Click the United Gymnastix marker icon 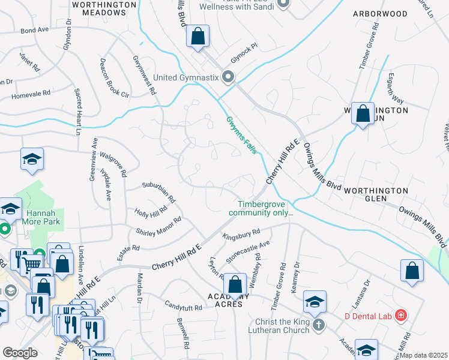(228, 77)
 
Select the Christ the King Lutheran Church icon (319, 325)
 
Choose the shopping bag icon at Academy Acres (237, 283)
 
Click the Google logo (20, 353)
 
